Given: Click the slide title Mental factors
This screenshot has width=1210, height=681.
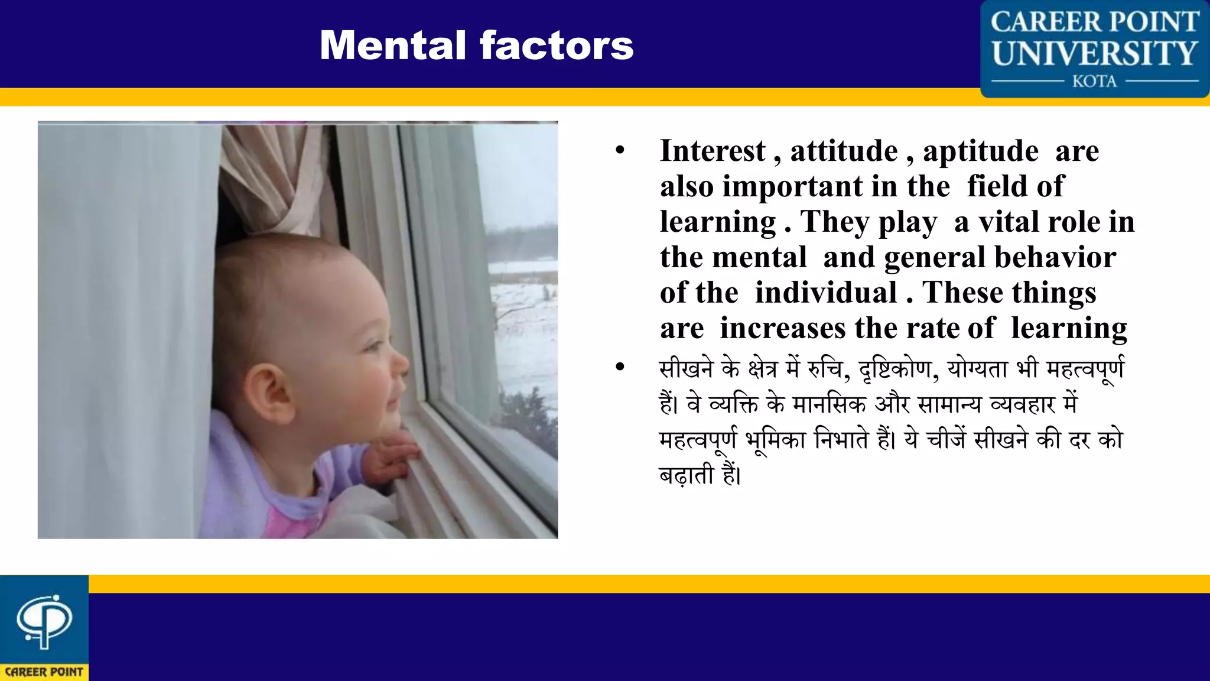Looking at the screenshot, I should coord(476,46).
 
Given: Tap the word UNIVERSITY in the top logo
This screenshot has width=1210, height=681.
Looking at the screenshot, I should coord(1094,53).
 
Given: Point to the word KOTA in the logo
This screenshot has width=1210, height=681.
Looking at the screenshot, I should coord(1094,81).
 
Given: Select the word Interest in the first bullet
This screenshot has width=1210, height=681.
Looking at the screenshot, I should coord(713,151).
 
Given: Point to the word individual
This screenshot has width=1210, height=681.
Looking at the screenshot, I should coord(826,293).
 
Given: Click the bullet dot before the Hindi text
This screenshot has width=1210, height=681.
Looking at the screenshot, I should coord(620,367).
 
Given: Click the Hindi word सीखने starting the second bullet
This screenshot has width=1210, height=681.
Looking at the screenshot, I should coord(686,369).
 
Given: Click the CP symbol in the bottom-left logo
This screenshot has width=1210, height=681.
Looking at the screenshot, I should coord(44,621).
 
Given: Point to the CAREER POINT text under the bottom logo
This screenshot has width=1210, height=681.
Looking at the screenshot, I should coord(44,672).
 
